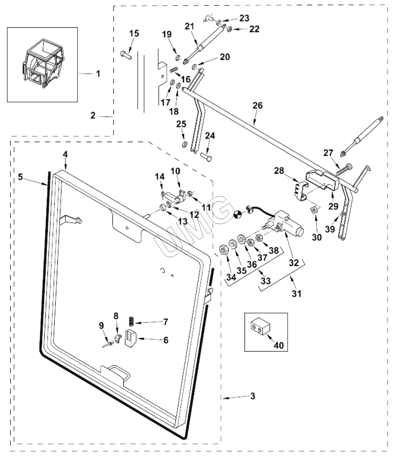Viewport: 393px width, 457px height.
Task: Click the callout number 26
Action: [x=257, y=105]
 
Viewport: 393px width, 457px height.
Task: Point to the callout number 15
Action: [x=134, y=33]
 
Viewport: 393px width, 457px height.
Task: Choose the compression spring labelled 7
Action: [x=131, y=321]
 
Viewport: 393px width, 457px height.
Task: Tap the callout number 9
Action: [x=102, y=325]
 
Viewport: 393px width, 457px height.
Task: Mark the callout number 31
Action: [x=296, y=293]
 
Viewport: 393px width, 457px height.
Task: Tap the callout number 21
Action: [x=190, y=26]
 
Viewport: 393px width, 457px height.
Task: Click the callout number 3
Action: [x=253, y=396]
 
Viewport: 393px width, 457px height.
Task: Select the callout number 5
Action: [x=20, y=177]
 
